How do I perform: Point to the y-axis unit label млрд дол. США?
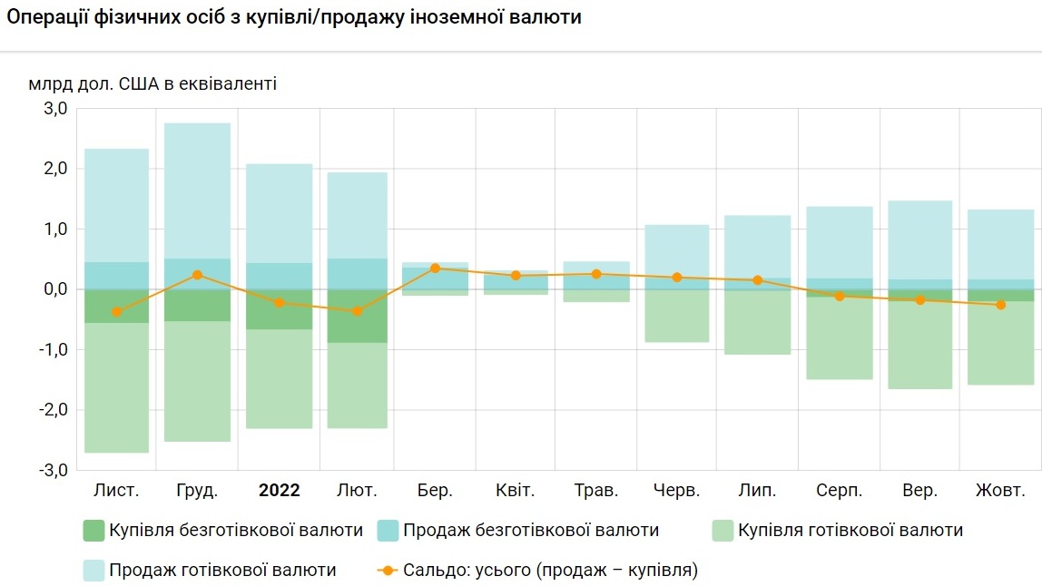click(x=152, y=83)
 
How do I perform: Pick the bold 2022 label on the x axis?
click(x=279, y=491)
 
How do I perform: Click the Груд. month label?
click(x=197, y=491)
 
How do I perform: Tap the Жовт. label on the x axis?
click(x=1000, y=491)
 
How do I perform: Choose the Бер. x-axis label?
click(x=436, y=491)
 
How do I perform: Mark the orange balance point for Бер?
click(x=436, y=269)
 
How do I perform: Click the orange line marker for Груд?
click(x=197, y=275)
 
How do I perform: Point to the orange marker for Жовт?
click(x=1001, y=305)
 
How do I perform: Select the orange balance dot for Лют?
click(x=357, y=311)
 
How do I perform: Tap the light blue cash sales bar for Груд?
click(x=197, y=190)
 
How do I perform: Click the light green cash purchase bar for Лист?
click(x=116, y=387)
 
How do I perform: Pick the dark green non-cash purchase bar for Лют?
click(x=357, y=316)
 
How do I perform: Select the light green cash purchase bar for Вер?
click(x=920, y=345)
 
